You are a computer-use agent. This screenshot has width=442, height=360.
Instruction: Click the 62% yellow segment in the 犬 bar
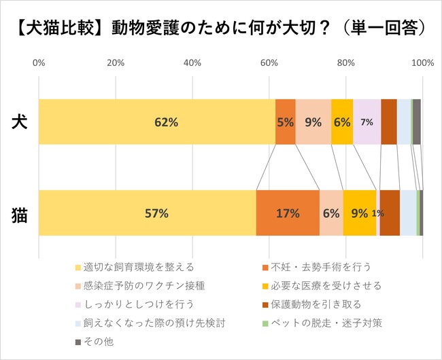[x=157, y=122]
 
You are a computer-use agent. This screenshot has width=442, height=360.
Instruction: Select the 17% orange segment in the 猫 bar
[x=288, y=213]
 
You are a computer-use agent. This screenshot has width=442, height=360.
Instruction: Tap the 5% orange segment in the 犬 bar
[x=286, y=122]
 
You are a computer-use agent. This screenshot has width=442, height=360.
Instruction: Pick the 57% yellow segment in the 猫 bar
[x=148, y=213]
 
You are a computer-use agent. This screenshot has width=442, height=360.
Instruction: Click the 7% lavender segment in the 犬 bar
[x=367, y=122]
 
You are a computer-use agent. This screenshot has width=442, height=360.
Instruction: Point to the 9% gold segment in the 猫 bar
[x=360, y=213]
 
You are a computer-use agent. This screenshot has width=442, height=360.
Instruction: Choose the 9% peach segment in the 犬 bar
[x=313, y=122]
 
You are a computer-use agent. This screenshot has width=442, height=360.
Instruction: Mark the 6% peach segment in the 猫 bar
[x=331, y=213]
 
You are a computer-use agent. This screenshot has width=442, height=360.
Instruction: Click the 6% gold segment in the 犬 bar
[x=342, y=122]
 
